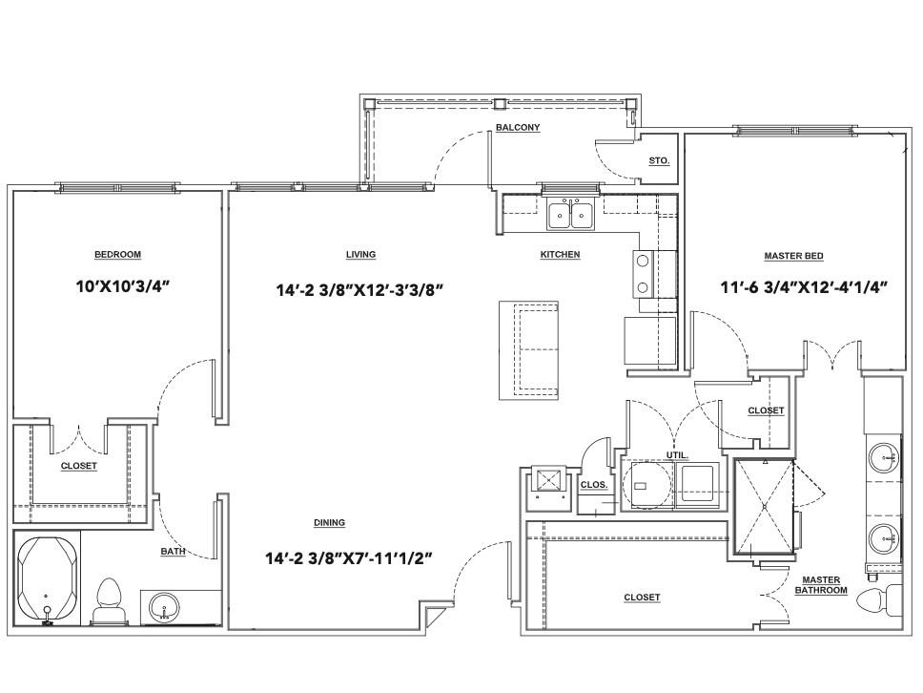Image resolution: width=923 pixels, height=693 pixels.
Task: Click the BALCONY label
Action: click(x=518, y=127)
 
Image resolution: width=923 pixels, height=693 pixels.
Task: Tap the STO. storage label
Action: click(x=659, y=161)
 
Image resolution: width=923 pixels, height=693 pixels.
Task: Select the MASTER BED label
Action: click(x=793, y=256)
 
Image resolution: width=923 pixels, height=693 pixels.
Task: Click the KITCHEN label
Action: click(x=560, y=255)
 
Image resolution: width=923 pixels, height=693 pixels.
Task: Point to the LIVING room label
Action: click(x=360, y=255)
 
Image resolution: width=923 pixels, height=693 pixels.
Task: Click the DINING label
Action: click(x=329, y=523)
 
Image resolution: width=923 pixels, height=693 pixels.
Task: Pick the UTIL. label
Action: click(x=677, y=455)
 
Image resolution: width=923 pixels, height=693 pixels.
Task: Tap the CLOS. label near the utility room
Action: click(x=593, y=485)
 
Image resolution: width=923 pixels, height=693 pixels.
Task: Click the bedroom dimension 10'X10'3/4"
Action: click(x=123, y=287)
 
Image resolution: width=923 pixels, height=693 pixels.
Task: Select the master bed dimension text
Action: click(x=804, y=287)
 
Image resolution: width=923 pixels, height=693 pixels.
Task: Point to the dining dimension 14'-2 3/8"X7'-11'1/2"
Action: click(x=349, y=558)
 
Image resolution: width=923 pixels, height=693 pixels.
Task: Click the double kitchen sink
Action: click(x=571, y=214)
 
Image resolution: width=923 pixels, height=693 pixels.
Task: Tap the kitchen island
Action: click(x=528, y=350)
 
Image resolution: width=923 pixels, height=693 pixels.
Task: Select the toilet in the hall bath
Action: click(x=109, y=601)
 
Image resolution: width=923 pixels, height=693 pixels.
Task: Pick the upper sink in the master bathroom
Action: click(x=885, y=457)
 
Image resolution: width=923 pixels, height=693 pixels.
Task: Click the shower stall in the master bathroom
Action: click(x=764, y=507)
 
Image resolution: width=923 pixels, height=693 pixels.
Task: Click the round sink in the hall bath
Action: click(x=164, y=607)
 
